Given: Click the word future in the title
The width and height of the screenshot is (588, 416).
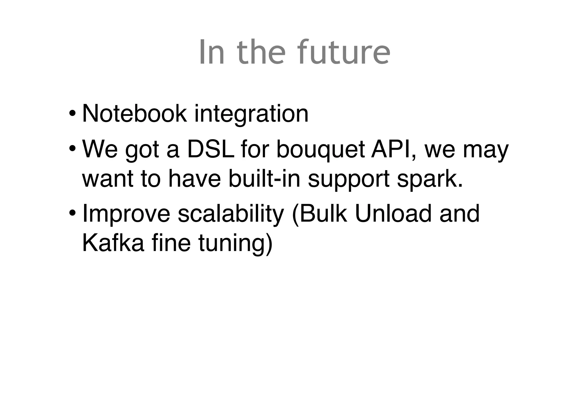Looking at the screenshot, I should click(x=343, y=52).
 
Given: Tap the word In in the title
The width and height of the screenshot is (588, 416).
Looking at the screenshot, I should click(x=211, y=52).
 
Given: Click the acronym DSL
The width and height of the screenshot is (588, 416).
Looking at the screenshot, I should click(x=210, y=149).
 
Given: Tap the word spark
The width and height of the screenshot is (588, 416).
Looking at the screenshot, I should click(x=430, y=179).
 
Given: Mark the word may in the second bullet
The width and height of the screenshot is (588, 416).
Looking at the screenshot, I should click(x=486, y=150).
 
